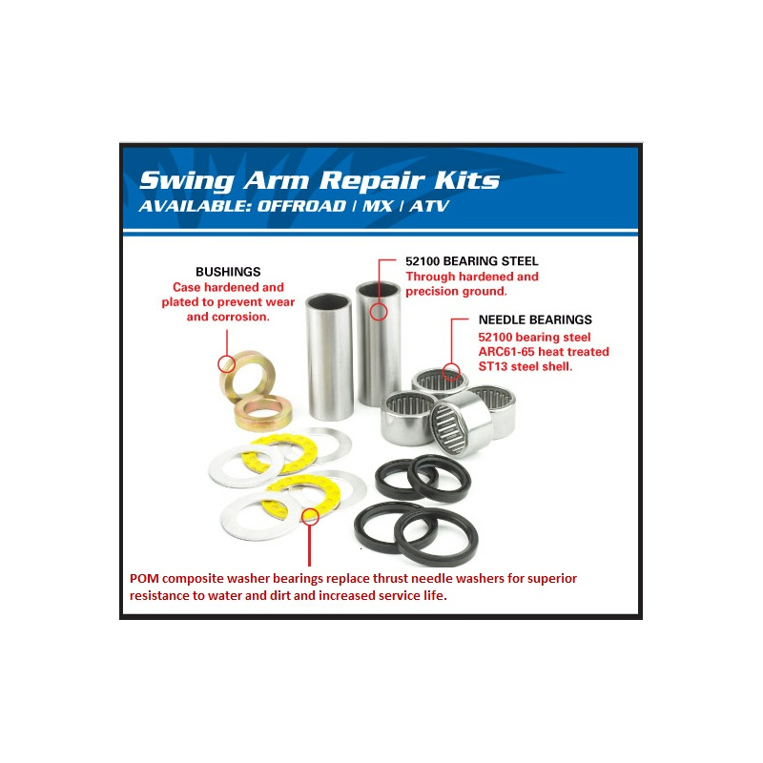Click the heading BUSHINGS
pos(228,272)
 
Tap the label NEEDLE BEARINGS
pos(535,320)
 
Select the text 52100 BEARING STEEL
pos(472,261)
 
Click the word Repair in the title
pos(372,180)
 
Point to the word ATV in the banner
pos(429,206)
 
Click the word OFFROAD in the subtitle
pos(301,206)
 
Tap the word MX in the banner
pos(378,206)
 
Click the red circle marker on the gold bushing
pos(226,363)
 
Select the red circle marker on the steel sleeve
pos(379,312)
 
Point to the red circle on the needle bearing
pos(451,372)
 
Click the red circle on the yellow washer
pos(310,516)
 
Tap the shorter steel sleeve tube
pos(329,357)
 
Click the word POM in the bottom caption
pos(144,579)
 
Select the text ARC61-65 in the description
pos(502,352)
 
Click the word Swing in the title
pos(187,181)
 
